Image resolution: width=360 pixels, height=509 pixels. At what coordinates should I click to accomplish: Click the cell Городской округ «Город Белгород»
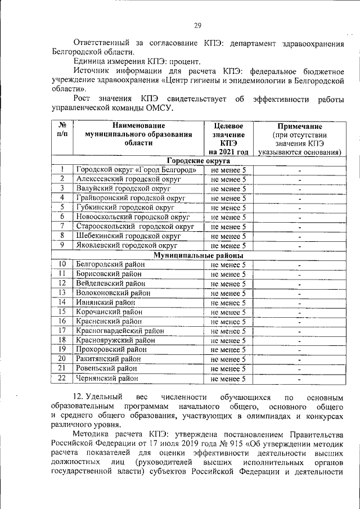coord(136,170)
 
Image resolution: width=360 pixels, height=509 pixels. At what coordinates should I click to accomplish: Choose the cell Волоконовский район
coord(112,293)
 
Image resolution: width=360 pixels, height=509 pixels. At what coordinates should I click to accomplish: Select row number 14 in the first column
coord(62,303)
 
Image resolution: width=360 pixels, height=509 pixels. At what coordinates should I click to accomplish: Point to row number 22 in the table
coord(62,379)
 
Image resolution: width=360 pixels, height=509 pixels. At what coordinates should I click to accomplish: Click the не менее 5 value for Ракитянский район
coord(228,359)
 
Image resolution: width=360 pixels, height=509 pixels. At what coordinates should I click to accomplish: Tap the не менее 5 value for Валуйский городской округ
coord(228,189)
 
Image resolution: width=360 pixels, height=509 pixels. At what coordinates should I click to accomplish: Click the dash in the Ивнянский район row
coord(300,303)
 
